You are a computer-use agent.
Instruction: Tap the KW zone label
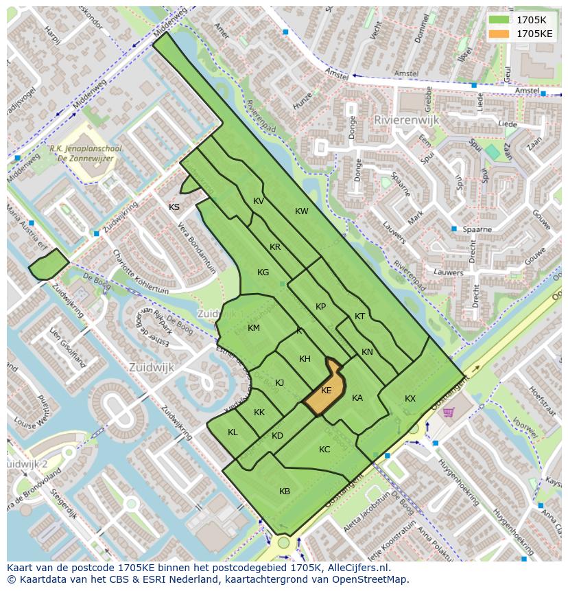[302, 211]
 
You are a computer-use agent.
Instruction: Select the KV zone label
[259, 201]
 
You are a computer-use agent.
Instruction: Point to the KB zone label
[285, 491]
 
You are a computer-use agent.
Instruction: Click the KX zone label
[410, 399]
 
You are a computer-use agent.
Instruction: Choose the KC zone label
[324, 450]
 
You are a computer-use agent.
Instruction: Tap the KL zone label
[233, 432]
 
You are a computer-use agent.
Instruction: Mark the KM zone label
[254, 328]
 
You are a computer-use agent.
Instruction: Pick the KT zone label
[360, 316]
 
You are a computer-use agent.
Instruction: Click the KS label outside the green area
[174, 207]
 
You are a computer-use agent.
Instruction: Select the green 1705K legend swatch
[500, 20]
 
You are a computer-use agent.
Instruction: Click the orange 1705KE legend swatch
[500, 33]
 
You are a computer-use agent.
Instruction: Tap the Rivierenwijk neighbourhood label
[405, 119]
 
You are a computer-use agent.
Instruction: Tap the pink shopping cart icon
[449, 412]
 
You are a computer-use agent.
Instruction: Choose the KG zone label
[263, 273]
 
